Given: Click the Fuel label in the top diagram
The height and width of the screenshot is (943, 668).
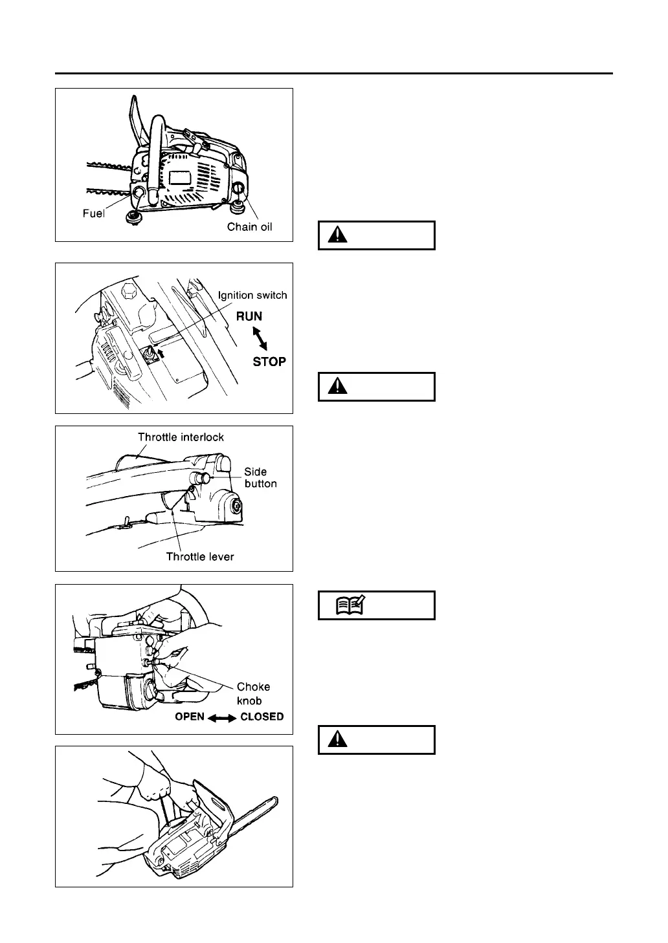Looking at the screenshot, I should [93, 213].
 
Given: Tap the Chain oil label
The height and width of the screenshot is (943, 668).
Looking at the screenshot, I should [250, 227].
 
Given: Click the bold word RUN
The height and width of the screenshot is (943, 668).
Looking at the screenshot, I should [249, 316].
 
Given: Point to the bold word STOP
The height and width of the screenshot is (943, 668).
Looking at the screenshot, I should [269, 362].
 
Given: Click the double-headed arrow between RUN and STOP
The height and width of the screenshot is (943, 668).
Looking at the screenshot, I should [259, 339].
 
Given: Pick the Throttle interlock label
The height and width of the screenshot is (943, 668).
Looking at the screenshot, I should [181, 437].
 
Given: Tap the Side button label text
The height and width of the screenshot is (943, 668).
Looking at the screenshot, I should [260, 477].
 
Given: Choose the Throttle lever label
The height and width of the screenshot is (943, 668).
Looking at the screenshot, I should [200, 556].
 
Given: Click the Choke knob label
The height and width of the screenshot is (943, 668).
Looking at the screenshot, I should [253, 693].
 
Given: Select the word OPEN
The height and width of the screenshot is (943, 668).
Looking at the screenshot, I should [190, 717].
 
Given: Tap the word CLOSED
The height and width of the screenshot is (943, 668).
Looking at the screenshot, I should [262, 717].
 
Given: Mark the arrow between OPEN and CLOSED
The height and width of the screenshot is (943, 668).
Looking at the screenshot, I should [222, 717].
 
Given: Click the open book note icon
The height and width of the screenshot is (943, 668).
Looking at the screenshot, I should [350, 605].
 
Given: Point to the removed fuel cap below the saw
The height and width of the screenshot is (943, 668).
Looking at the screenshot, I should [135, 216].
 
